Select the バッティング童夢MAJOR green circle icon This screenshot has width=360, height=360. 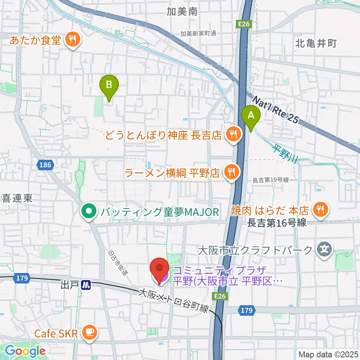(89, 212)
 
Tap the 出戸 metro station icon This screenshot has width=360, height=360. (86, 285)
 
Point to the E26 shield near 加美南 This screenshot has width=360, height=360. (244, 24)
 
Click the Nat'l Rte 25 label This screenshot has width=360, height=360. (275, 110)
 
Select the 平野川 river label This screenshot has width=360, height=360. (285, 153)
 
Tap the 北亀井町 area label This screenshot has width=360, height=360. (316, 43)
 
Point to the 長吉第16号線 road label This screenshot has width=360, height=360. (277, 223)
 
